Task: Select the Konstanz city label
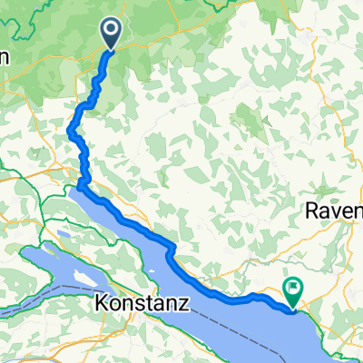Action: pyautogui.click(x=141, y=306)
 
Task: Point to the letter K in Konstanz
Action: pyautogui.click(x=101, y=306)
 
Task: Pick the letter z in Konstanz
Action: pyautogui.click(x=184, y=306)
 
